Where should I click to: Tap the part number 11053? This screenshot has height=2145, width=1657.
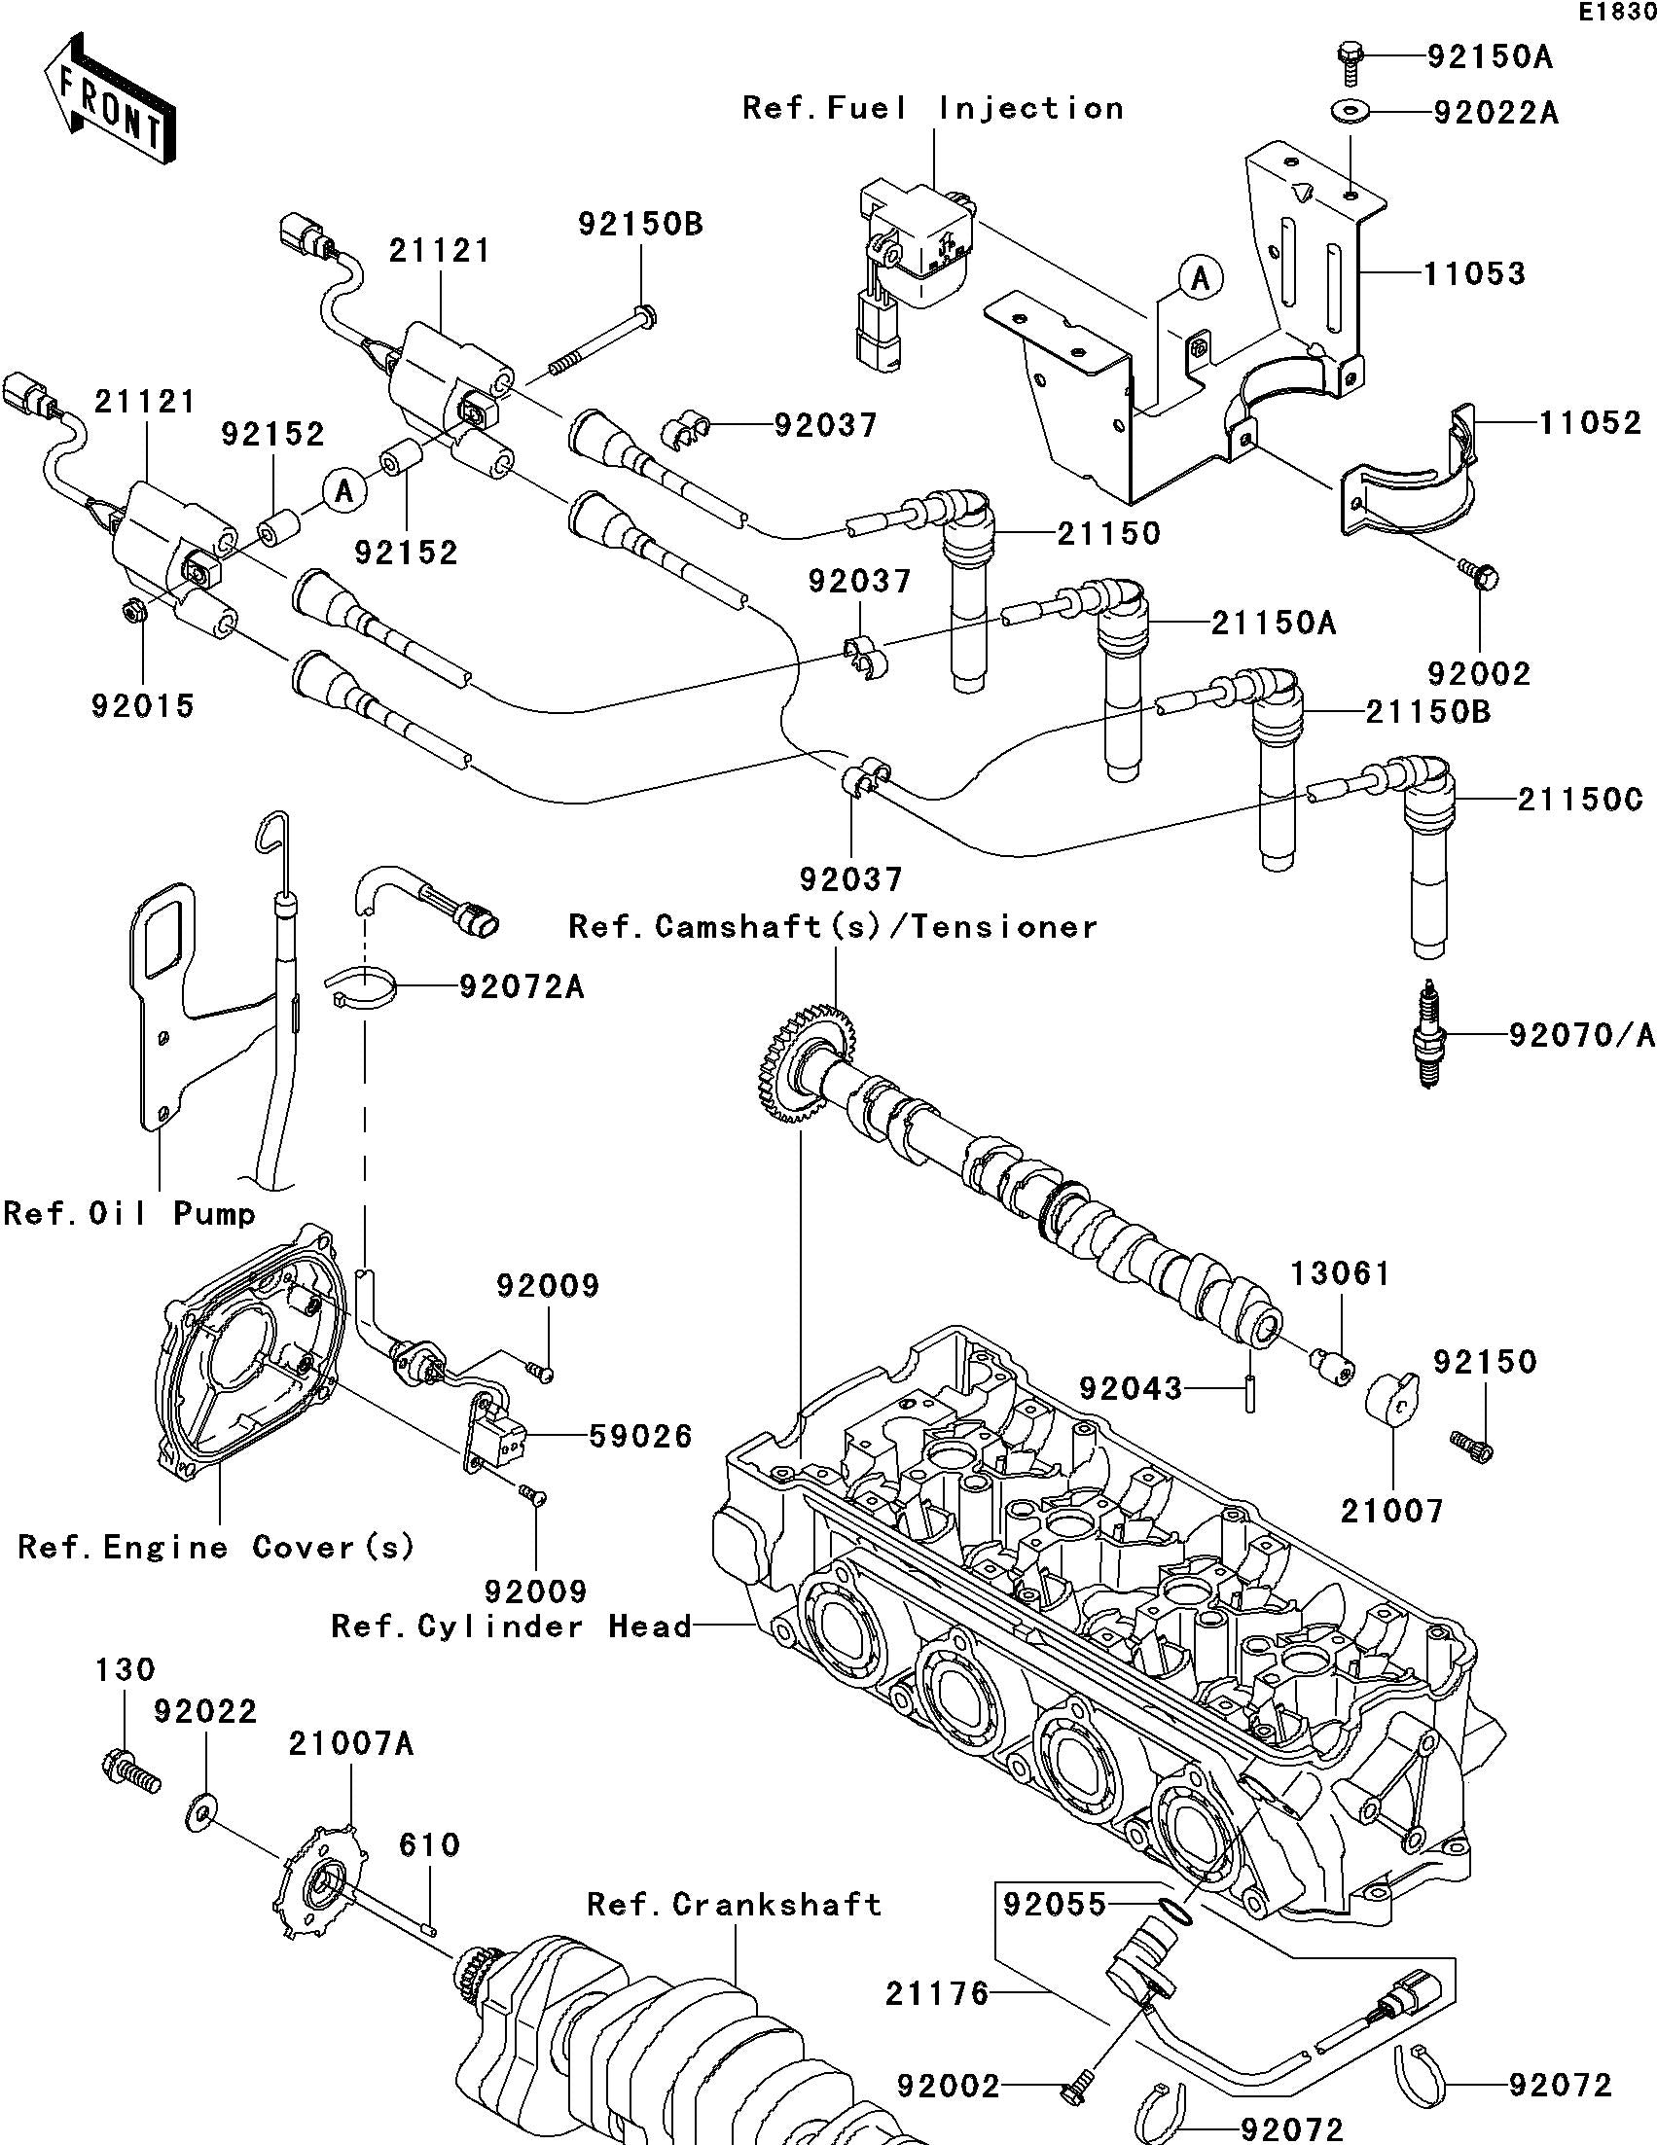click(1475, 273)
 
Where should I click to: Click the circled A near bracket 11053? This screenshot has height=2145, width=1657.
click(1200, 278)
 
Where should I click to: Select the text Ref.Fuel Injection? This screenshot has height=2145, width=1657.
click(932, 107)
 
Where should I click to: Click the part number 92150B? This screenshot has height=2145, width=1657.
click(640, 224)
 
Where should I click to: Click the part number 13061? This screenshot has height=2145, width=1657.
click(1340, 1273)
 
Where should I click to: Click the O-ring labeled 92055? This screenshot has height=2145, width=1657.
click(1174, 1911)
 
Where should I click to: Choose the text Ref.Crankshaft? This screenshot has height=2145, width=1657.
click(734, 1905)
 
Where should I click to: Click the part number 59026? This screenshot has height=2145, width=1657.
click(640, 1436)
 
